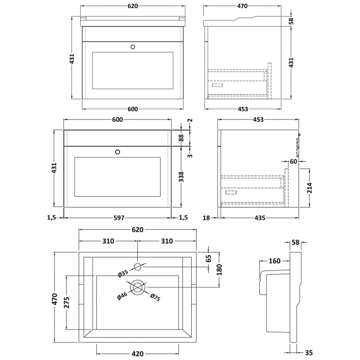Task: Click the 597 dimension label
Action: (117, 218)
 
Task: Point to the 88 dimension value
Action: (181, 138)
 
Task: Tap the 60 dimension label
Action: (294, 162)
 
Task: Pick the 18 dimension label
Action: (206, 218)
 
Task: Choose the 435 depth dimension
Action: (259, 218)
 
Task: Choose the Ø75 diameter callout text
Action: (155, 297)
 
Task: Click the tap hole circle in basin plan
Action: (138, 267)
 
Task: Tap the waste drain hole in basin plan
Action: (138, 287)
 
